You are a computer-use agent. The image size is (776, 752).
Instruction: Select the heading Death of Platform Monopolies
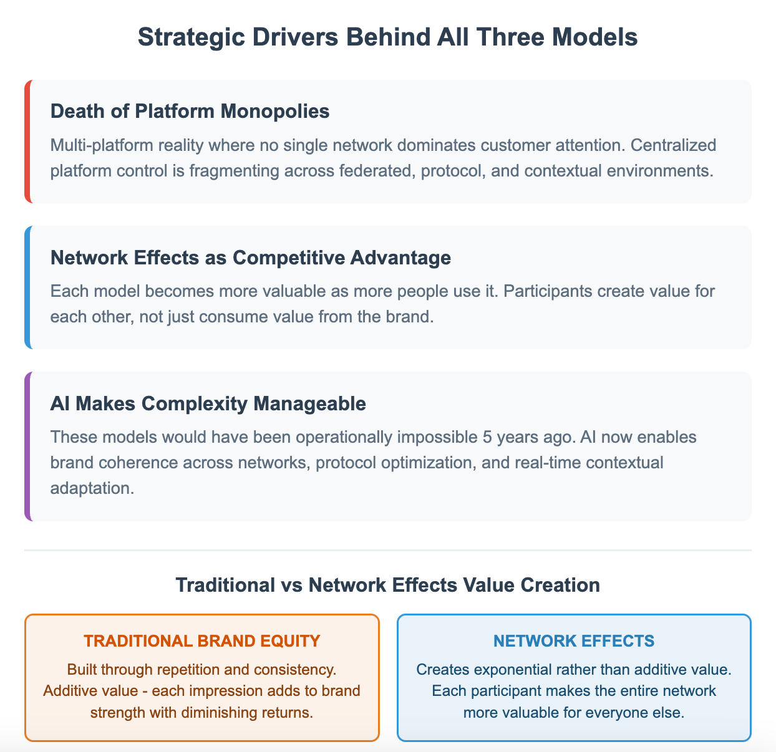[x=190, y=111]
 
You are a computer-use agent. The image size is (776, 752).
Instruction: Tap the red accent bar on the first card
[x=27, y=141]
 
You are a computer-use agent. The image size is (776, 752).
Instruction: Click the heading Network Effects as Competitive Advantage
[x=250, y=258]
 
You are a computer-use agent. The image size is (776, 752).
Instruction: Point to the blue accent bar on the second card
[x=27, y=287]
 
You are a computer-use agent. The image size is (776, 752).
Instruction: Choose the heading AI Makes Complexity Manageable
[x=208, y=403]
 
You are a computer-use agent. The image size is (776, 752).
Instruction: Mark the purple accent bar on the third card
[x=27, y=446]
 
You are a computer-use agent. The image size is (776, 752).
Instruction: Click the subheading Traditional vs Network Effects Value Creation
[x=388, y=585]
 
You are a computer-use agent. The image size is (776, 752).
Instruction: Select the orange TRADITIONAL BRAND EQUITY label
[x=202, y=641]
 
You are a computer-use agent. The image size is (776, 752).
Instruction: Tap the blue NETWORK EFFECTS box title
[x=574, y=641]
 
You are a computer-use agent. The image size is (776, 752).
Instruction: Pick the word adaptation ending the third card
[x=92, y=487]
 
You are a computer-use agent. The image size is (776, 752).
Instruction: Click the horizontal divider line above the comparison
[x=388, y=551]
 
